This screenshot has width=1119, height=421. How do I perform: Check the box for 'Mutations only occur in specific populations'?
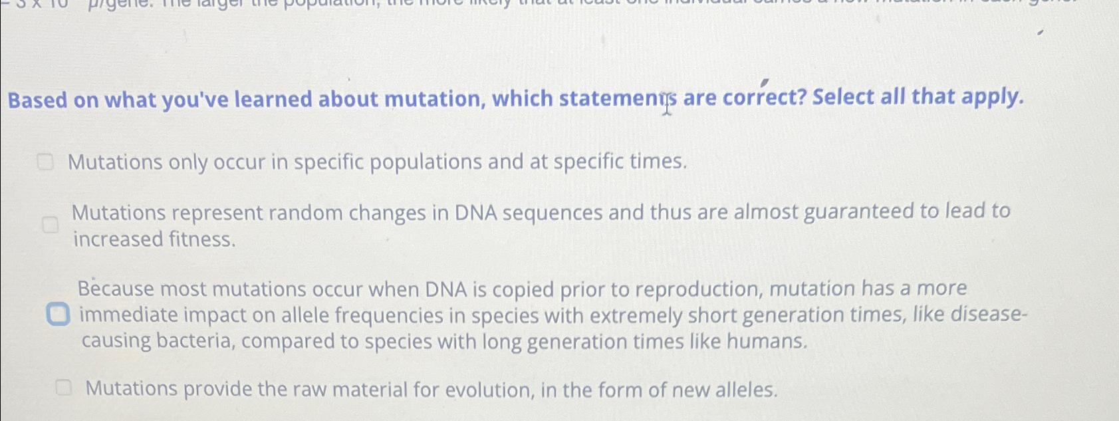[x=45, y=162]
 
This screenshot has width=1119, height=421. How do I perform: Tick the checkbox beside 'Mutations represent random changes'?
[x=50, y=225]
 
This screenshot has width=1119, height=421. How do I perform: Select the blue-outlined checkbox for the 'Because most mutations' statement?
[x=58, y=314]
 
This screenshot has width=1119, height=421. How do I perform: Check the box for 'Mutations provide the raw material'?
[x=63, y=388]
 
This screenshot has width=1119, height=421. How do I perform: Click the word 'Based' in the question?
[x=37, y=100]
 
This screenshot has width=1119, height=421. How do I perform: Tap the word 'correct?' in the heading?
[x=764, y=98]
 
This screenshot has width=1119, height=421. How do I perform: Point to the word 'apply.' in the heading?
[x=992, y=97]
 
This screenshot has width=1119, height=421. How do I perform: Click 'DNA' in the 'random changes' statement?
[x=475, y=213]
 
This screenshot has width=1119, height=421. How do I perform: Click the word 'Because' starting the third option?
[x=116, y=289]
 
